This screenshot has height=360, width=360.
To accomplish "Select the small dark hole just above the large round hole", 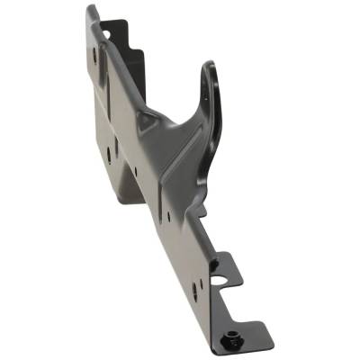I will [214, 264].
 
